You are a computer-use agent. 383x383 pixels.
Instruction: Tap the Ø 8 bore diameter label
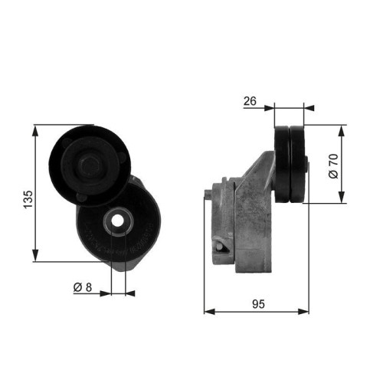(83, 288)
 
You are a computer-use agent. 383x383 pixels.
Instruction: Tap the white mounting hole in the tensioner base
(118, 221)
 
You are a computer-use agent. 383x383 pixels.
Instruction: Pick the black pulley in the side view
(290, 164)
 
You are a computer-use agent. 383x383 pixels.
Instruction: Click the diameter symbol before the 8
(78, 288)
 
